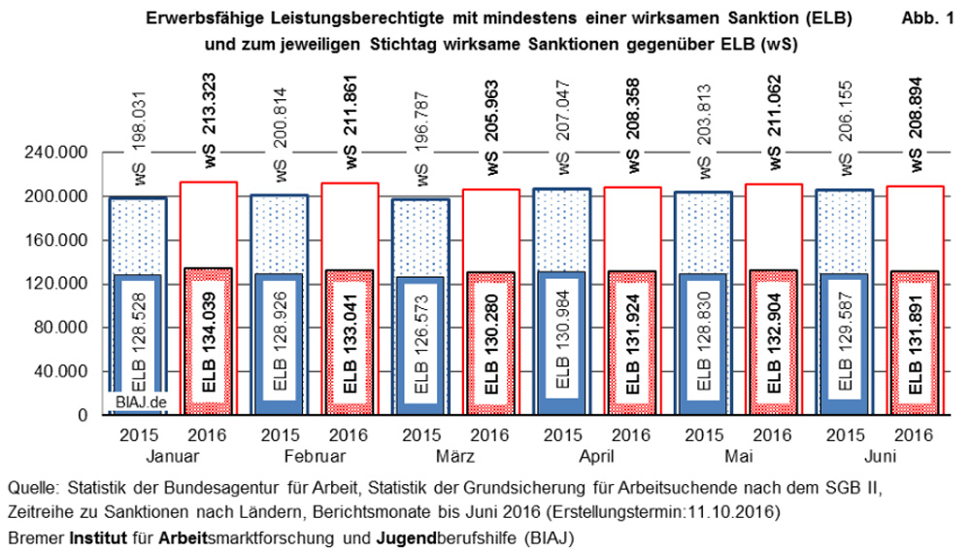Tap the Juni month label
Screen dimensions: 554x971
(x=879, y=456)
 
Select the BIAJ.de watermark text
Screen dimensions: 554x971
(x=137, y=402)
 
